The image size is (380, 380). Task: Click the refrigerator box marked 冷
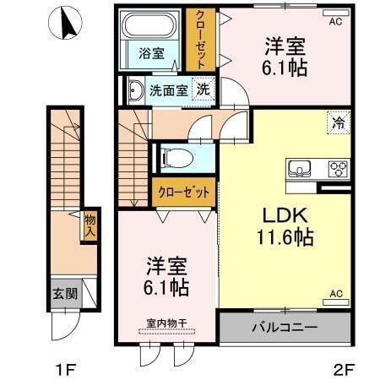[x=337, y=124]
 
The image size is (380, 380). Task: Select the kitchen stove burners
[x=339, y=166]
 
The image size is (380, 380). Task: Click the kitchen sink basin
[x=300, y=167]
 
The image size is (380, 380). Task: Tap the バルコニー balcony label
[x=285, y=327]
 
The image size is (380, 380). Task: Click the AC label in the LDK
[x=335, y=294]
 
